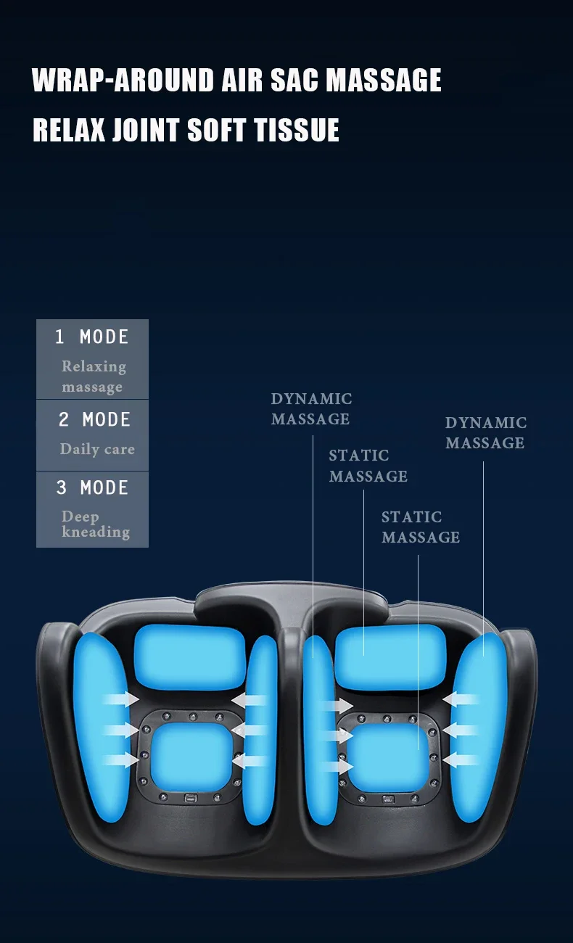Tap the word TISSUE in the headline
point(297,131)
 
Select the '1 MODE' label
point(92,337)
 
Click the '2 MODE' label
point(94,420)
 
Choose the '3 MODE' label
point(92,488)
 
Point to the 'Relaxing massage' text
point(93,376)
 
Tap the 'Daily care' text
point(97,449)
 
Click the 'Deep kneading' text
point(95,524)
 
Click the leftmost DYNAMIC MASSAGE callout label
point(310,409)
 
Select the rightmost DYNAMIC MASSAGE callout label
point(485,433)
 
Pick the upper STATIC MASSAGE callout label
point(368,466)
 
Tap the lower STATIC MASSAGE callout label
point(421,527)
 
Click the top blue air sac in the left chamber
point(190,658)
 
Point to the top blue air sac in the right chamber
point(389,656)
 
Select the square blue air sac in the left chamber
point(192,757)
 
